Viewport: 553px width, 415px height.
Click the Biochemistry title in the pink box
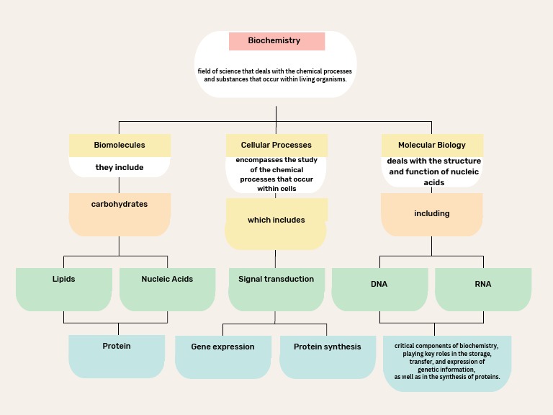click(x=274, y=41)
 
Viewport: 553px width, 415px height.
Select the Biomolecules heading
click(x=120, y=145)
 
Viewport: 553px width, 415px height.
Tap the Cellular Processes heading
click(x=276, y=145)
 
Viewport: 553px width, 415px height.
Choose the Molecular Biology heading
click(x=432, y=145)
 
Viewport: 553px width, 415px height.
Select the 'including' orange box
click(x=432, y=214)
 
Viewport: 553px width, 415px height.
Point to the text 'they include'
click(x=120, y=167)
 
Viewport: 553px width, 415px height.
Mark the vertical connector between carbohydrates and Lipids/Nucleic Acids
click(x=120, y=246)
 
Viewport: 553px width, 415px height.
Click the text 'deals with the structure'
click(x=433, y=161)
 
